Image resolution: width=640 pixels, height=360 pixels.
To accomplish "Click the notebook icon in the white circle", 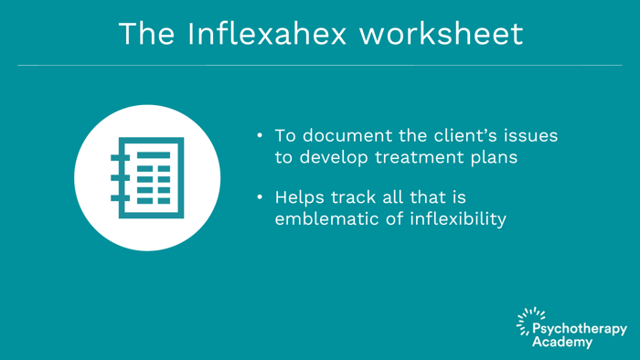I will point(147,177).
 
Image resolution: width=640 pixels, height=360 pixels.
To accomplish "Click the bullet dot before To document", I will point(260,135).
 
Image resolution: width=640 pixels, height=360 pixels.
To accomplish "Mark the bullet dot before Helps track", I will point(260,198).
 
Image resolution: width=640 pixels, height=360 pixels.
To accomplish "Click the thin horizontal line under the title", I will point(320,65).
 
